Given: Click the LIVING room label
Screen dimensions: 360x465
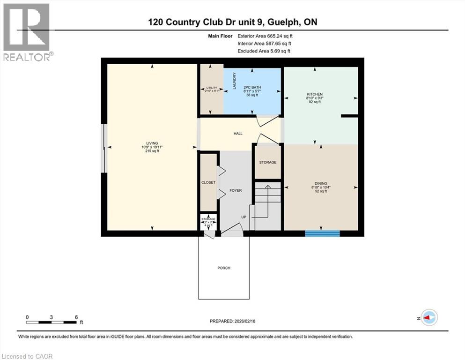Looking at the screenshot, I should tap(152, 143).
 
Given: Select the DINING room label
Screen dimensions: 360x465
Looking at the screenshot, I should tap(321, 183).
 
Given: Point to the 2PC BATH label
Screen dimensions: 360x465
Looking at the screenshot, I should tap(251, 87).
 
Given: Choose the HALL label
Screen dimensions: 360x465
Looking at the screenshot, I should tap(238, 134).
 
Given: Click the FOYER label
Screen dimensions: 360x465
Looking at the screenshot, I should tap(236, 191).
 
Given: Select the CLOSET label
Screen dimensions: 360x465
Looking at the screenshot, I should tap(208, 182).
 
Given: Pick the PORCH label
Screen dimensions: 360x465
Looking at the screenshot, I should tap(224, 268).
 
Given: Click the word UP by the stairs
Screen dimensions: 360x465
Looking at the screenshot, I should tap(244, 217).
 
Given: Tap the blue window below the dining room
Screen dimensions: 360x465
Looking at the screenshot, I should tap(322, 233).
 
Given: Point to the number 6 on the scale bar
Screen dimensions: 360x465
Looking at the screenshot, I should tap(76, 317).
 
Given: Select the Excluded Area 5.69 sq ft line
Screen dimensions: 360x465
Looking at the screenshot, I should tap(264, 51).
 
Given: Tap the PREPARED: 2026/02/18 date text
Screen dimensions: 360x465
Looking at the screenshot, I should tap(232, 321).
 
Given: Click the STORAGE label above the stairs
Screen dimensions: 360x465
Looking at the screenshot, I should tap(268, 162).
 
